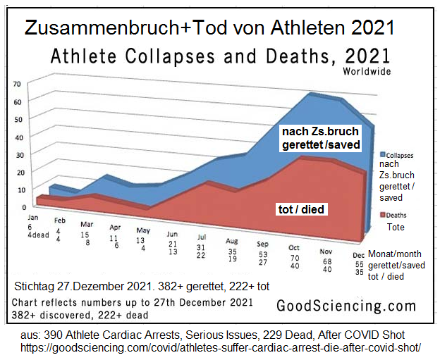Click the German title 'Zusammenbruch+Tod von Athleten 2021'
(209, 28)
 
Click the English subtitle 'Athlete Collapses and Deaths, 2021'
(220, 57)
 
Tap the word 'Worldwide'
(367, 71)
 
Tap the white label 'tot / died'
(300, 210)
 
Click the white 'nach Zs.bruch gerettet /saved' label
(321, 137)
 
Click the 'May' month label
(142, 230)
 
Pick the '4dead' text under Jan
(38, 235)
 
